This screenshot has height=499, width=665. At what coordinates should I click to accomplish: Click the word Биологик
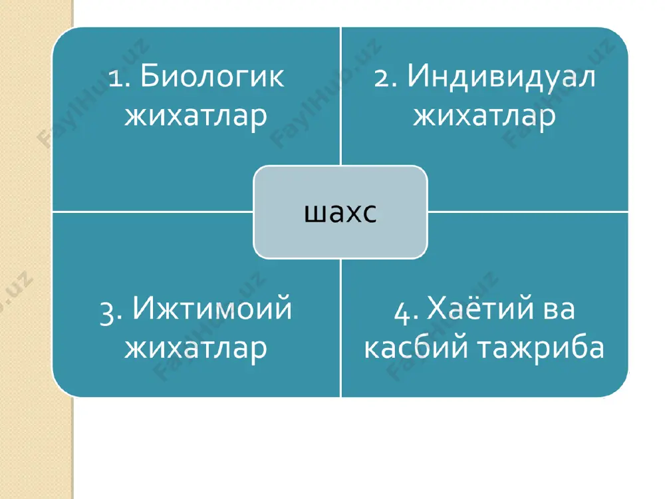click(x=212, y=77)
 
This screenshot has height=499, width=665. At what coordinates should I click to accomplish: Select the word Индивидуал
click(x=501, y=78)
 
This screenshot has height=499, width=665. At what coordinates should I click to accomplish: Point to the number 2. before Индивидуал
click(x=385, y=79)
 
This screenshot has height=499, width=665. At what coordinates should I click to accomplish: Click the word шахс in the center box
click(x=340, y=212)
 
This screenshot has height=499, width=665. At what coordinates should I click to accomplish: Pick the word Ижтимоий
click(x=212, y=308)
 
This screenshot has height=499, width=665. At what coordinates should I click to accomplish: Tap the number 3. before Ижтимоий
click(x=112, y=313)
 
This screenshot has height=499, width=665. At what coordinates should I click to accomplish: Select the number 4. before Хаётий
click(x=406, y=313)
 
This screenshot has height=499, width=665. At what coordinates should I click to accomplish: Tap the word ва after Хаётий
click(x=559, y=311)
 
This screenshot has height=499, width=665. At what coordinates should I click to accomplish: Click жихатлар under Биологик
click(x=196, y=115)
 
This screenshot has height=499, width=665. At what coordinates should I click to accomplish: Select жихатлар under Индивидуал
click(x=484, y=115)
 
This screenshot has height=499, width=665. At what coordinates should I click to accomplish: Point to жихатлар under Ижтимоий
click(x=196, y=348)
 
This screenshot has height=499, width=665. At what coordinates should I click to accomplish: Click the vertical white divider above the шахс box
click(x=340, y=96)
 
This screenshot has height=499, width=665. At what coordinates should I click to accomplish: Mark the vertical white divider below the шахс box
click(x=340, y=327)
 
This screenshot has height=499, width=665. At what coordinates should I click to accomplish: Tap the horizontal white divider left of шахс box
click(x=153, y=212)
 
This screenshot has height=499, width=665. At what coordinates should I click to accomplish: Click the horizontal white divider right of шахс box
click(x=527, y=212)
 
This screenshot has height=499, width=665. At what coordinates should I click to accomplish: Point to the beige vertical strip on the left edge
click(x=37, y=249)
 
